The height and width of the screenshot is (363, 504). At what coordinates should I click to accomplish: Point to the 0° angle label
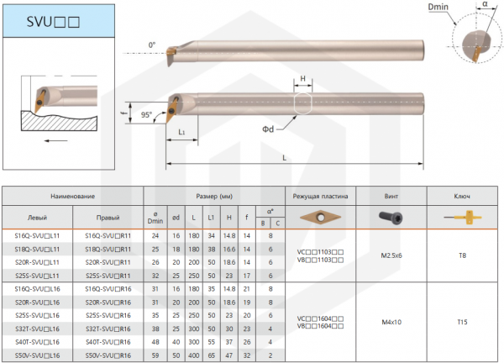point(152,45)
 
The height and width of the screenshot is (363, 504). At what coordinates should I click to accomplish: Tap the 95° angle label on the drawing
point(148,115)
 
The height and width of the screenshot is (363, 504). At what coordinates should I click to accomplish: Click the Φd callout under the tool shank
point(268,129)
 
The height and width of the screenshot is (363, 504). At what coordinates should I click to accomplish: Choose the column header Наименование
point(72,196)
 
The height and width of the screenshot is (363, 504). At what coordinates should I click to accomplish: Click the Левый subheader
point(38,217)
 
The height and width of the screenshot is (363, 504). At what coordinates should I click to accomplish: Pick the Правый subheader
point(108,217)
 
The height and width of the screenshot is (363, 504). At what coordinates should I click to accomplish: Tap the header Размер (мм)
point(214,196)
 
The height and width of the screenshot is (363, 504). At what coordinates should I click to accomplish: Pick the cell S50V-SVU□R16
point(108,355)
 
